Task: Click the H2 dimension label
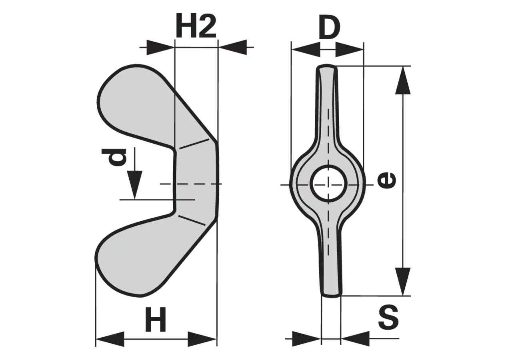tap(196, 25)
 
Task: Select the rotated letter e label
tap(386, 180)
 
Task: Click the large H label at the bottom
tap(156, 320)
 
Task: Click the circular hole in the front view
tap(329, 184)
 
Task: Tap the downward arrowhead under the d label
tap(135, 185)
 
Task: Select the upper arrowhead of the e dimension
tap(403, 80)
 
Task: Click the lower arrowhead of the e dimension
tap(403, 282)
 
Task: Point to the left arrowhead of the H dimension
tap(110, 339)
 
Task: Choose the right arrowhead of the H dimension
tap(202, 339)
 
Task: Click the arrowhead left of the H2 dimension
tap(160, 47)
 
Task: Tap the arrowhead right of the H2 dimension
tap(233, 47)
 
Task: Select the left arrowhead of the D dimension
tap(306, 49)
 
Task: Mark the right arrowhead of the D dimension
tap(350, 49)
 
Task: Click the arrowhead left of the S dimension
tap(306, 338)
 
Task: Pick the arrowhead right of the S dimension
tap(355, 338)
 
